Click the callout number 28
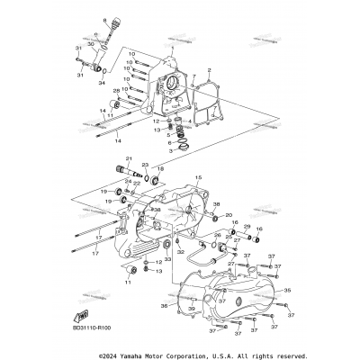[115, 91]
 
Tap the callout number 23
[143, 165]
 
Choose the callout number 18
[161, 167]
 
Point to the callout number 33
[166, 259]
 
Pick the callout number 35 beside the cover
[288, 291]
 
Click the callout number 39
[191, 309]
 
